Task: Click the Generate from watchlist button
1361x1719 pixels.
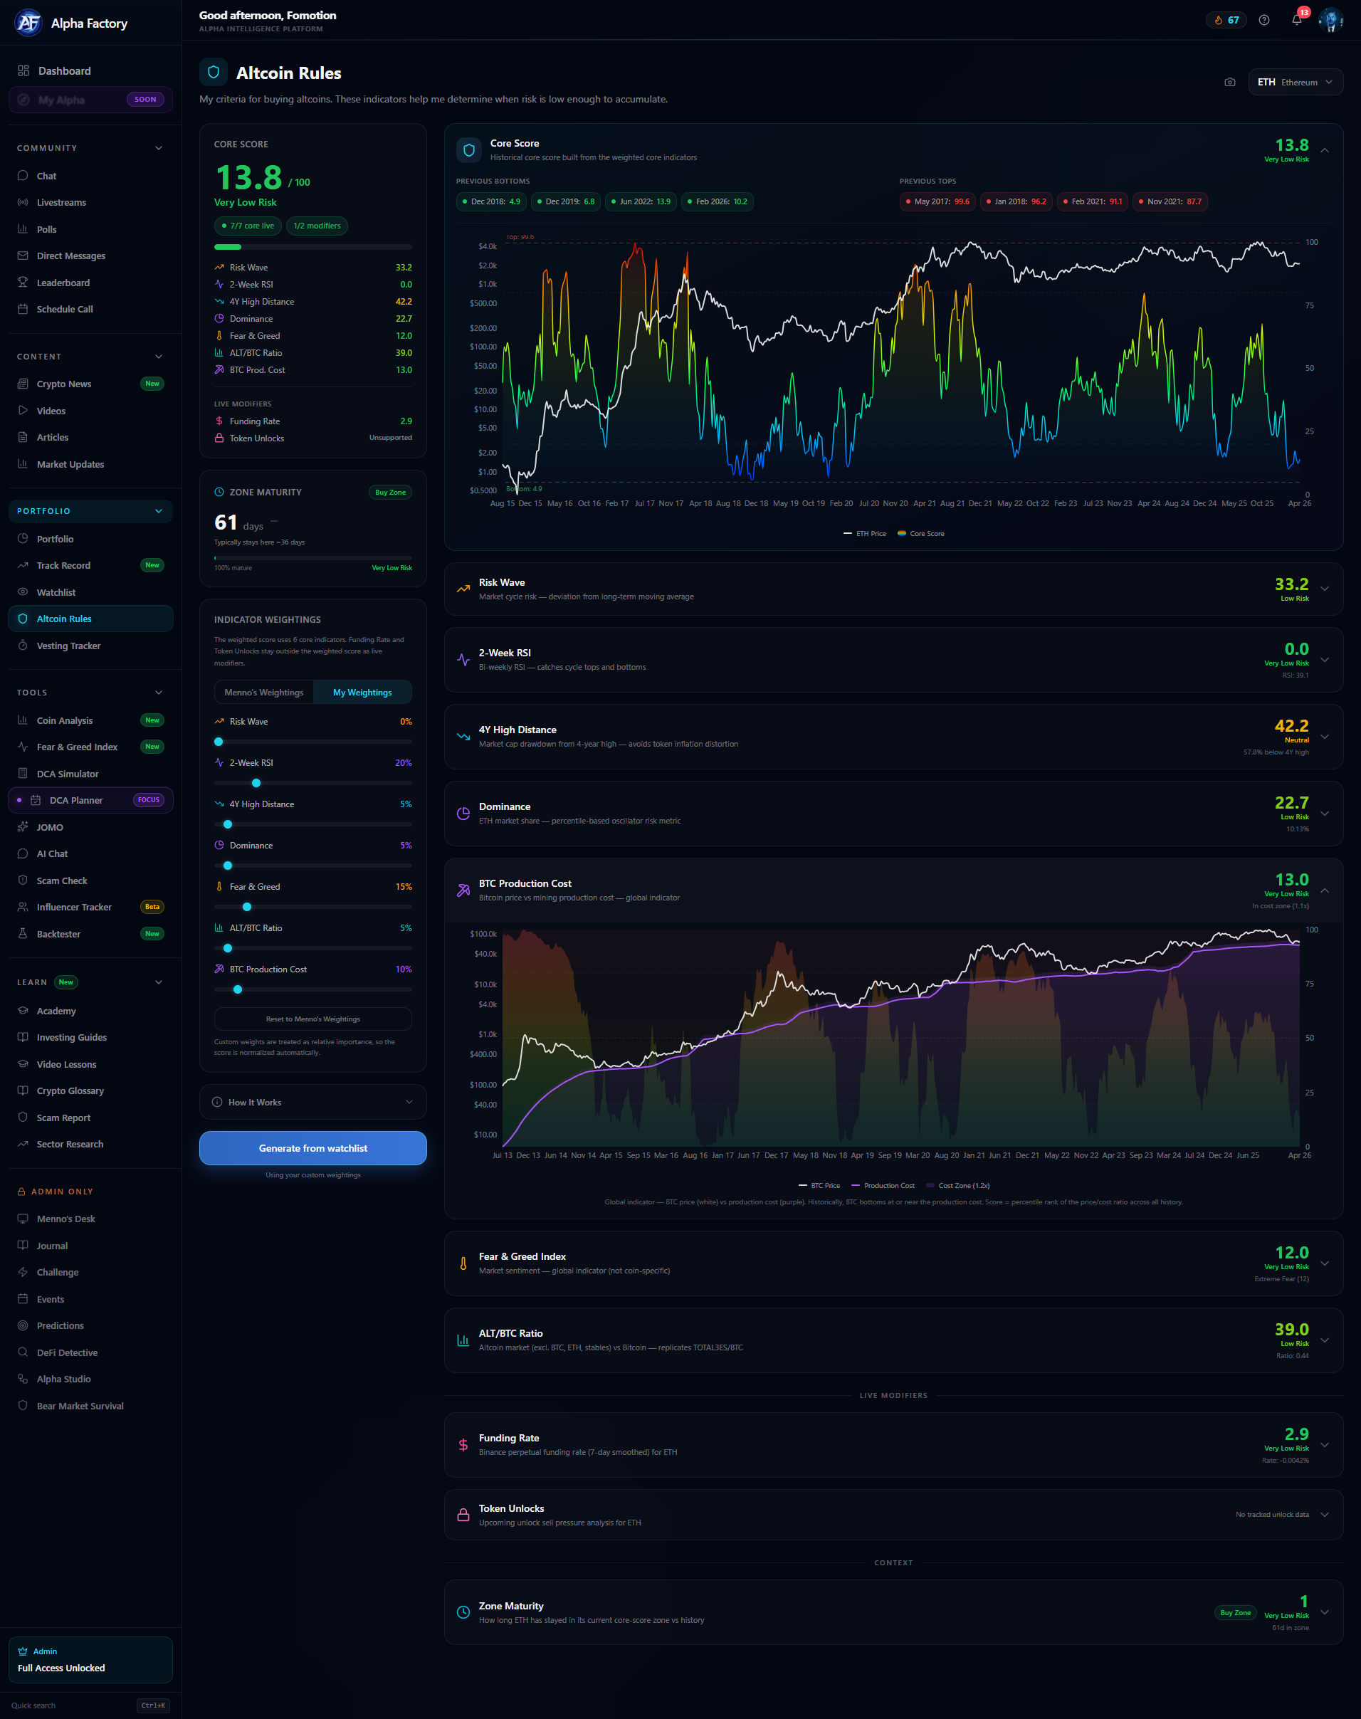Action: pyautogui.click(x=312, y=1147)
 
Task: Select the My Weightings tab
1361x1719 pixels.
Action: pyautogui.click(x=362, y=693)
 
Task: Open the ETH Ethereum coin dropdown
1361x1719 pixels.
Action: pyautogui.click(x=1294, y=82)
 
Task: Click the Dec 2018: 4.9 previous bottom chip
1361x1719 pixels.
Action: pyautogui.click(x=491, y=201)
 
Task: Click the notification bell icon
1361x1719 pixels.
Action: pyautogui.click(x=1296, y=20)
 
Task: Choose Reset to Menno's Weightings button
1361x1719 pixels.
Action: pyautogui.click(x=312, y=1019)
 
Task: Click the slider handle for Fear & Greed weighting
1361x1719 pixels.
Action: pyautogui.click(x=247, y=907)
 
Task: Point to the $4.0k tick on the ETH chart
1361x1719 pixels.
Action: pyautogui.click(x=487, y=246)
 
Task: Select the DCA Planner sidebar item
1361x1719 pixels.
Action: pyautogui.click(x=75, y=800)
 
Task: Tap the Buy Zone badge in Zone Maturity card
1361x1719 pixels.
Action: pyautogui.click(x=391, y=493)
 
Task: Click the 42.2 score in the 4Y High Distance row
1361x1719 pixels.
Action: pyautogui.click(x=1291, y=726)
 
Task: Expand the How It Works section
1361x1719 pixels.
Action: pyautogui.click(x=312, y=1102)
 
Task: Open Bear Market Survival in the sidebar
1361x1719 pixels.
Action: pyautogui.click(x=80, y=1406)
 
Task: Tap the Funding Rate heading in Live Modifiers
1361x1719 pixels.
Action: pyautogui.click(x=508, y=1438)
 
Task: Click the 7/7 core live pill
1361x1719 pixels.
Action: pyautogui.click(x=248, y=226)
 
